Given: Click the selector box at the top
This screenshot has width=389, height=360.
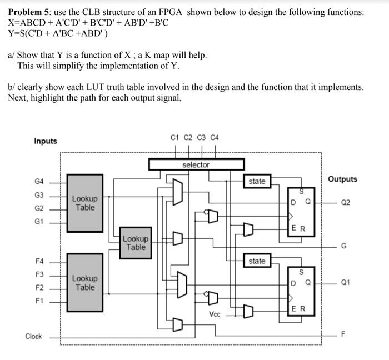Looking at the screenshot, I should [196, 164].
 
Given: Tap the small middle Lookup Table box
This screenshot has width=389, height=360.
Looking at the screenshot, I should [136, 243].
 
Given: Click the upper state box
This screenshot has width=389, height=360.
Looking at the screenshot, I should [257, 181].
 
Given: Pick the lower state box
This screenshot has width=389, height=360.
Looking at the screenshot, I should [257, 261].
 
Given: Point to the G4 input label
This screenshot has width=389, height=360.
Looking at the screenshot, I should [39, 181].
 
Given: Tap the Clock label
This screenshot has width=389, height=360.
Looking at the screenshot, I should [33, 336].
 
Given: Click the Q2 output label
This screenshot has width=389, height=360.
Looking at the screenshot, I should [345, 203].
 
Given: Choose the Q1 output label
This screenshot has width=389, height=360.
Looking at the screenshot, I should [345, 283].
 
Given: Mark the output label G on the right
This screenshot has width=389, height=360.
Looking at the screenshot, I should [344, 246].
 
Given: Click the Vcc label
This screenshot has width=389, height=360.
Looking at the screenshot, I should [215, 314].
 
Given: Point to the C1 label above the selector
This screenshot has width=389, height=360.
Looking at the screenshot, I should [175, 137].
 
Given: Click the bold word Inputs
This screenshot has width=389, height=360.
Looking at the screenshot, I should [46, 141].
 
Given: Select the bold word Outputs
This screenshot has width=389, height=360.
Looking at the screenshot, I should [342, 179].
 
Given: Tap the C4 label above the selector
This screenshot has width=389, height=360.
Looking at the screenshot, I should [215, 137].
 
